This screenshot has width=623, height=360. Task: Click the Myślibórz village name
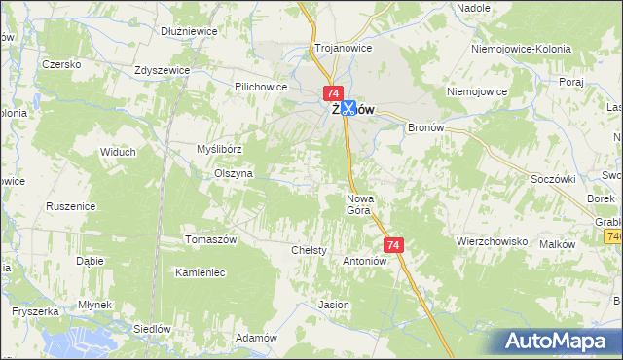coord(218,148)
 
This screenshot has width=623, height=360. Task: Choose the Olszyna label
coord(234,173)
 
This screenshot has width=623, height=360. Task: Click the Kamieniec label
coord(201,272)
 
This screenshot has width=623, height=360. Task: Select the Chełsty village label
coord(310,250)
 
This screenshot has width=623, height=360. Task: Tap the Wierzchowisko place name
coord(492,240)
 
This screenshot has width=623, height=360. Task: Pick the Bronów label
coord(425,127)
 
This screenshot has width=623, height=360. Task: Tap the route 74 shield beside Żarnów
coord(332,91)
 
